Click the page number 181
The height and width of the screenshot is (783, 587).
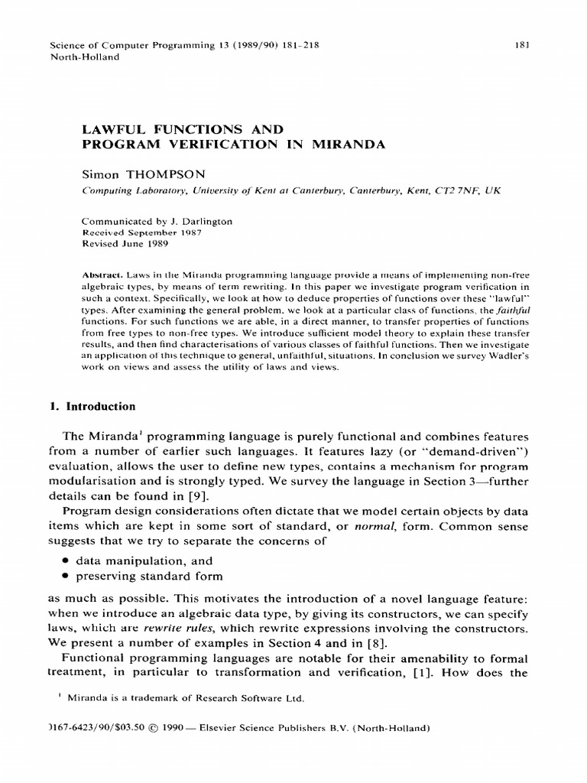tap(523, 45)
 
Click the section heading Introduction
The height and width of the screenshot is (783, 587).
tap(100, 407)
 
